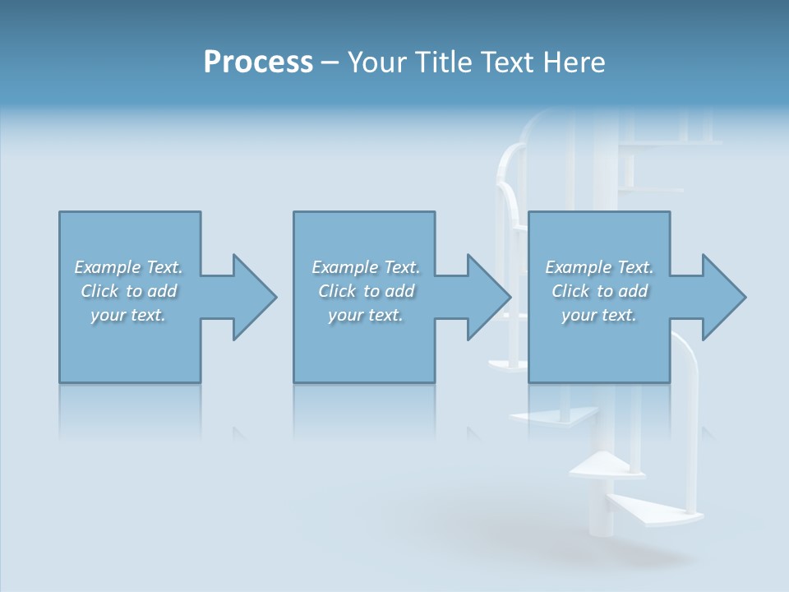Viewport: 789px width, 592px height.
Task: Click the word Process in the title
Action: pos(258,62)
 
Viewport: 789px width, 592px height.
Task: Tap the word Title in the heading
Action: pos(444,62)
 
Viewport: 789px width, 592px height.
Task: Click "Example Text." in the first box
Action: pos(128,267)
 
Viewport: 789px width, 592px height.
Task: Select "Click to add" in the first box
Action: pos(129,291)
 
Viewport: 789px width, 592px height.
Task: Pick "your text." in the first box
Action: pos(128,315)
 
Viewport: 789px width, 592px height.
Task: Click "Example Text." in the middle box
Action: pos(366,267)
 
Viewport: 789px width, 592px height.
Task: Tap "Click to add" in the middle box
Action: pos(367,291)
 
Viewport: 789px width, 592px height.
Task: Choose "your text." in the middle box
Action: pos(366,315)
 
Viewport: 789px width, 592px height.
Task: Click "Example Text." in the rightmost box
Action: pos(599,267)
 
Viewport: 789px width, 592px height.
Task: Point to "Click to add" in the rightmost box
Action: pos(600,291)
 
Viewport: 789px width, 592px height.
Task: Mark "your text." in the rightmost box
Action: pos(599,315)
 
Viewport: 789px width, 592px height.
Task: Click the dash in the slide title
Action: pos(330,62)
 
